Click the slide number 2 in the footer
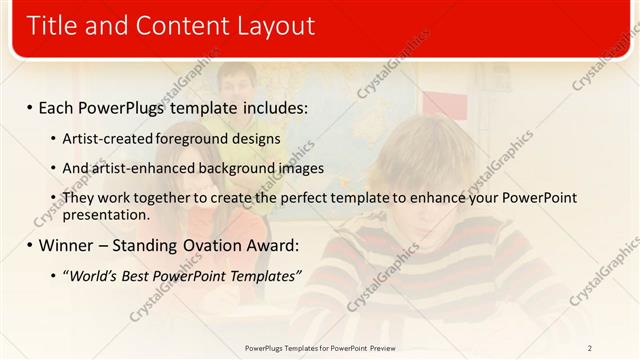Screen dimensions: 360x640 click(x=589, y=348)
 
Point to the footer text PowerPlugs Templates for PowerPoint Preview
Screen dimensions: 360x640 click(x=319, y=348)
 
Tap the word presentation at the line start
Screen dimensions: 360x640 click(x=106, y=214)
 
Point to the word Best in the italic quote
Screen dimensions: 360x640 click(x=139, y=275)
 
